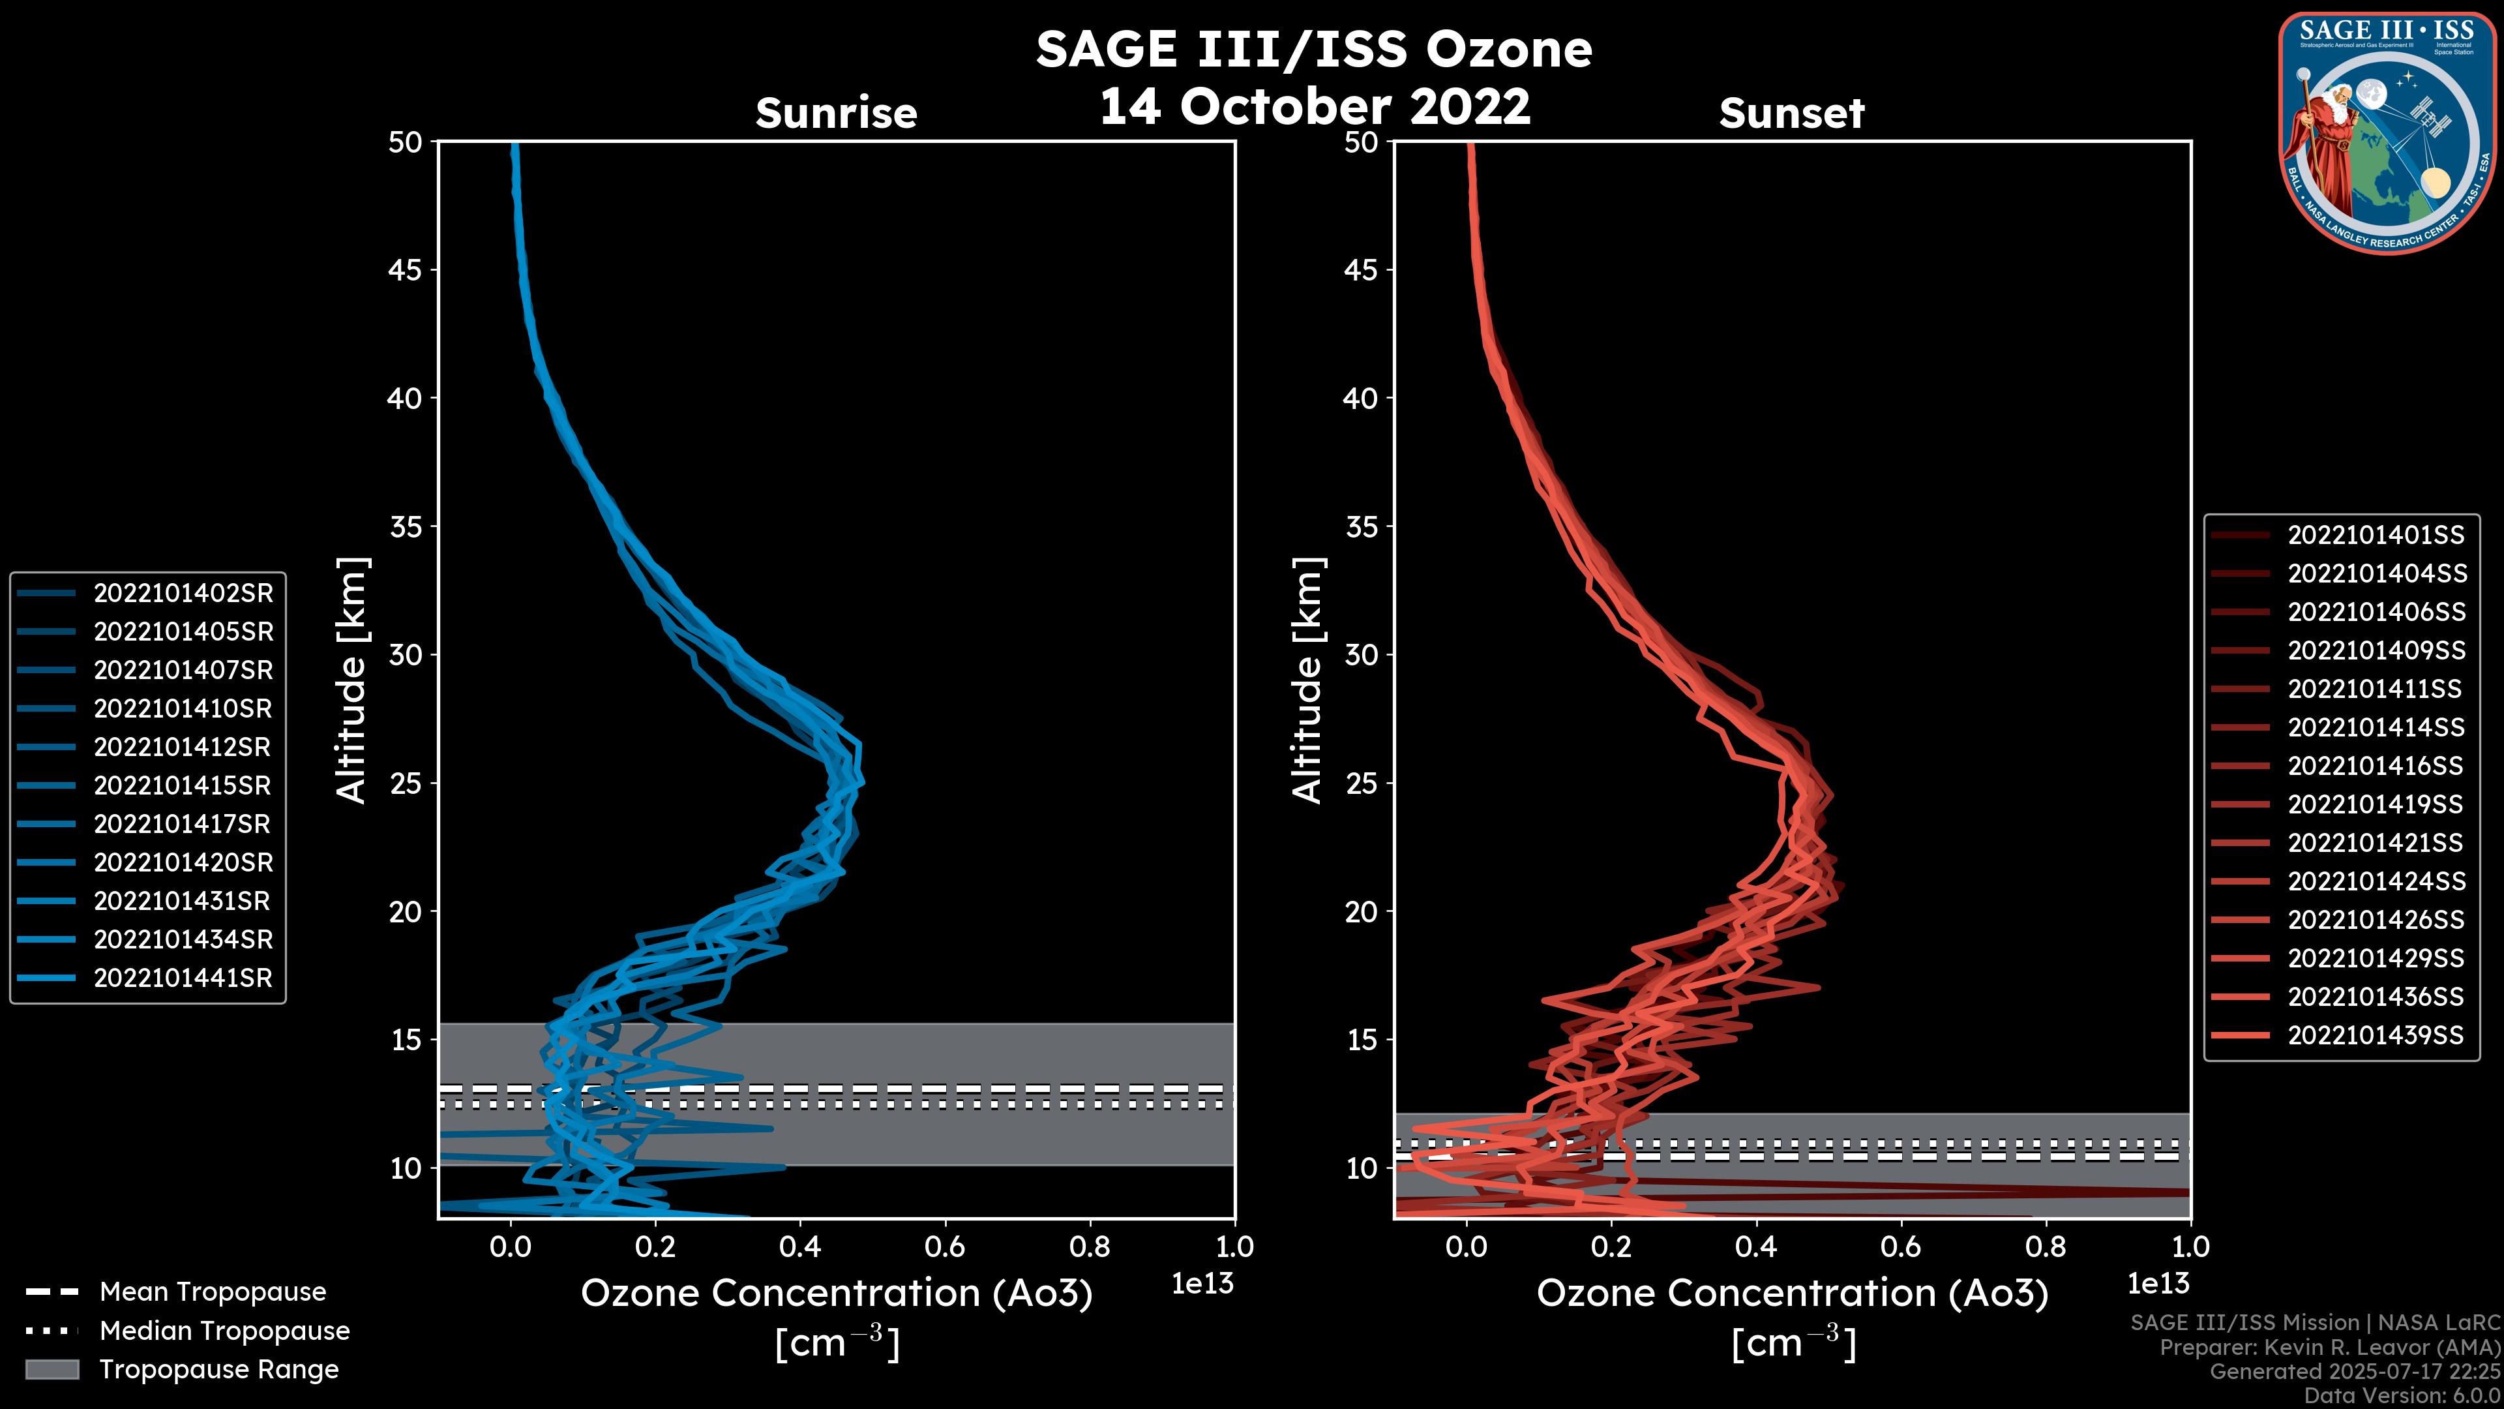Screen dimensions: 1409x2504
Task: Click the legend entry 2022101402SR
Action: click(183, 593)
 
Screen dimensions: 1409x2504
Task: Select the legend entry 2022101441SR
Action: click(183, 978)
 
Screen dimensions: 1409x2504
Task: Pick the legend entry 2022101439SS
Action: click(2375, 1036)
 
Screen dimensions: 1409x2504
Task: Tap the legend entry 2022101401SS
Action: click(2375, 535)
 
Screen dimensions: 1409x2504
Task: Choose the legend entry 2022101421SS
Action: click(2375, 843)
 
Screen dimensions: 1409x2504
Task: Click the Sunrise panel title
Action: click(836, 113)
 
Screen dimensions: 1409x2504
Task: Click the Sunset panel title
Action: click(1791, 113)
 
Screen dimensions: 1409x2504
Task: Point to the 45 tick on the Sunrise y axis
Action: click(406, 270)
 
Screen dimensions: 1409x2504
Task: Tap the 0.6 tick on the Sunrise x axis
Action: click(945, 1247)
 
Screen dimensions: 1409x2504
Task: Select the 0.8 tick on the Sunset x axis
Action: click(2045, 1247)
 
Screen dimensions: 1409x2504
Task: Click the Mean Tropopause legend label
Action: click(213, 1292)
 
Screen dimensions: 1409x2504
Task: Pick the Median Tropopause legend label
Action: click(224, 1331)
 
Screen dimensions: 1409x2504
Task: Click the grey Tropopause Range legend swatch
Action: click(52, 1369)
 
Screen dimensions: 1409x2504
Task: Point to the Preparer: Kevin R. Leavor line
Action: click(2329, 1348)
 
